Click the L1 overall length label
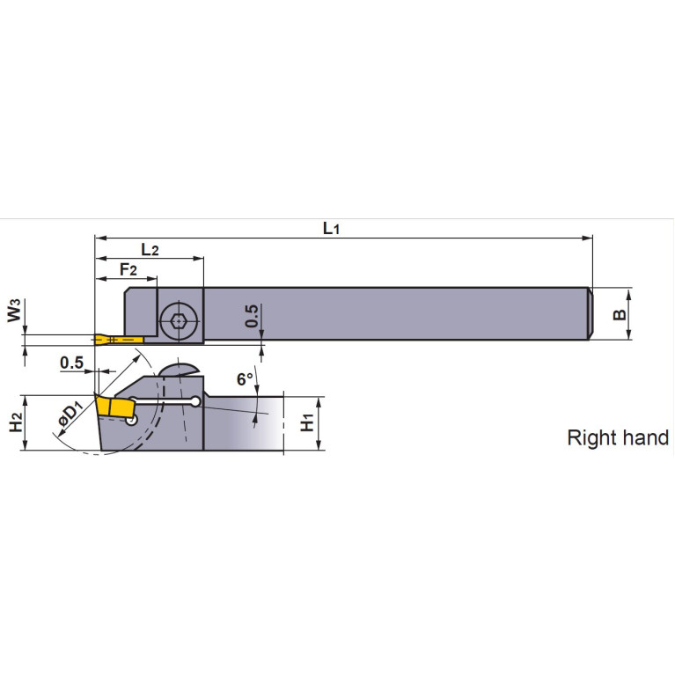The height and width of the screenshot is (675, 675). click(331, 229)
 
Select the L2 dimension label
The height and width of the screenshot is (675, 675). click(150, 250)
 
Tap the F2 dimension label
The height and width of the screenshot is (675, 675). click(128, 269)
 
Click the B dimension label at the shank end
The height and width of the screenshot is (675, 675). click(619, 313)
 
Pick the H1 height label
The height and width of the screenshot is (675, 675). click(306, 423)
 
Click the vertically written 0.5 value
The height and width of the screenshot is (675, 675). click(253, 318)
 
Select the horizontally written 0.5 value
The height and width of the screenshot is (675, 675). click(71, 363)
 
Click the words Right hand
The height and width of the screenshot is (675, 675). click(617, 437)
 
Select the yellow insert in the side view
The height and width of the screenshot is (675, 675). click(114, 407)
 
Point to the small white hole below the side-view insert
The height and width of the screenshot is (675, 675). click(131, 420)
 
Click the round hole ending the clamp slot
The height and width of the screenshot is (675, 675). click(194, 403)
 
